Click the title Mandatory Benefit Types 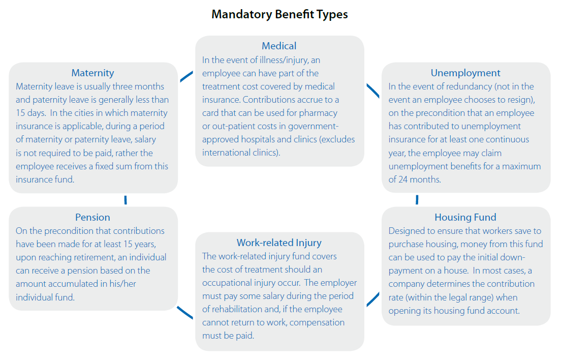tap(279, 14)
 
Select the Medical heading tap(279, 46)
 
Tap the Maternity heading tap(92, 73)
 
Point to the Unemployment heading tap(465, 73)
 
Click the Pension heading tap(92, 218)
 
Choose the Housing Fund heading tap(465, 218)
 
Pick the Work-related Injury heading tap(279, 243)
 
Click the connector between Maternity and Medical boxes tap(186, 76)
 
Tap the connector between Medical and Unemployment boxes tap(372, 90)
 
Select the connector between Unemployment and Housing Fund tap(417, 199)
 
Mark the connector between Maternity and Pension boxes tap(126, 199)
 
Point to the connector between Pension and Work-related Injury tap(185, 312)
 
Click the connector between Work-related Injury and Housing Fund tap(373, 299)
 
